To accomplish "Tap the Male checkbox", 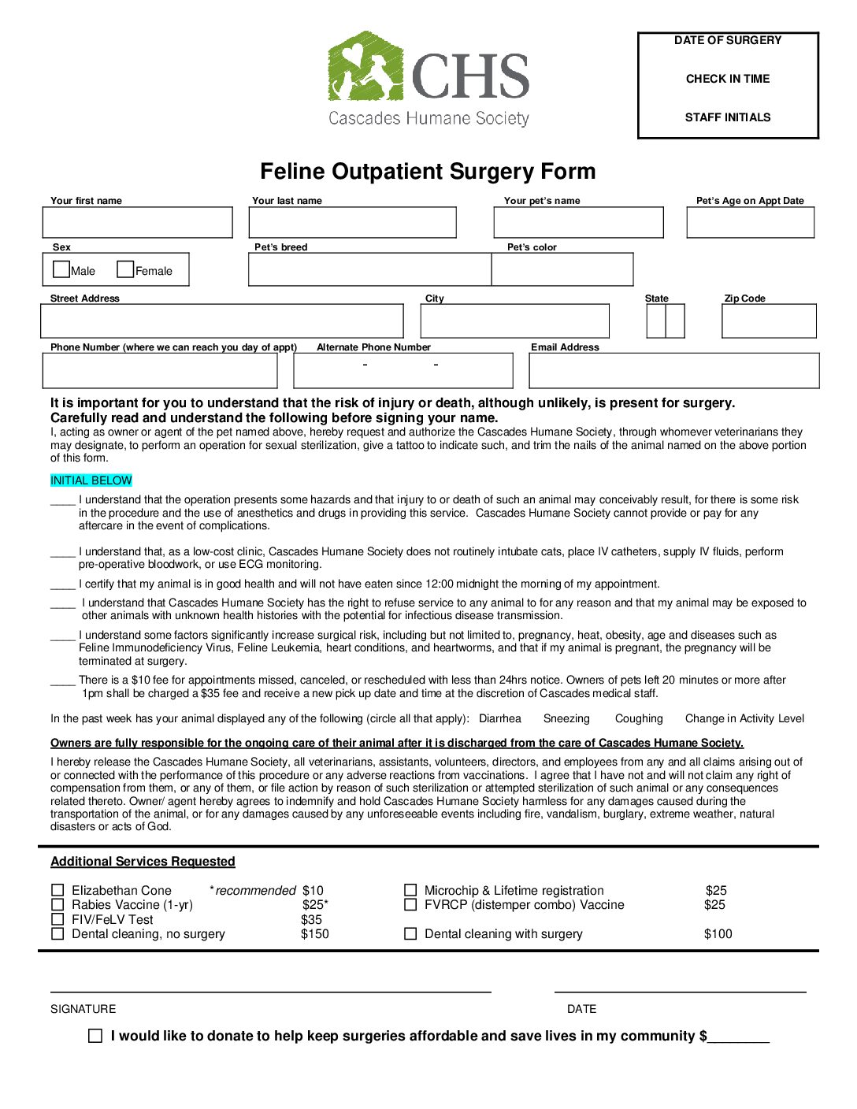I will click(x=61, y=269).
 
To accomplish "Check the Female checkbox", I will click(x=125, y=269).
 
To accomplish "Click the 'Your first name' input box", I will click(x=138, y=223).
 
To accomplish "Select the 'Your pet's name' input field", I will click(x=579, y=223).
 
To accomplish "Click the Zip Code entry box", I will click(x=769, y=321).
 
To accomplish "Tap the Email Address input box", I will click(x=674, y=371).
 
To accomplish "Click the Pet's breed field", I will click(x=369, y=269).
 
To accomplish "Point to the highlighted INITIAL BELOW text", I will click(x=91, y=480).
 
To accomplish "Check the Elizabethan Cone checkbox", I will click(x=58, y=891).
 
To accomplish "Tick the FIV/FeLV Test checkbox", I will click(x=58, y=919).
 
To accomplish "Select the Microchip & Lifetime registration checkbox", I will click(x=410, y=890).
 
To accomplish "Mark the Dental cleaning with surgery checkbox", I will click(x=410, y=933).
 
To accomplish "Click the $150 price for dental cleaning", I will click(x=315, y=934).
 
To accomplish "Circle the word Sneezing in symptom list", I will click(x=566, y=718).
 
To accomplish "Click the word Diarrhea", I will click(x=500, y=718).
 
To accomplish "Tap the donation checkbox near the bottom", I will click(x=95, y=1036).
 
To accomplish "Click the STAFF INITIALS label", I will click(x=728, y=117).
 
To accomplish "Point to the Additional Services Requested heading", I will click(x=143, y=862).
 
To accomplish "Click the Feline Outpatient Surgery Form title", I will click(x=428, y=172).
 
